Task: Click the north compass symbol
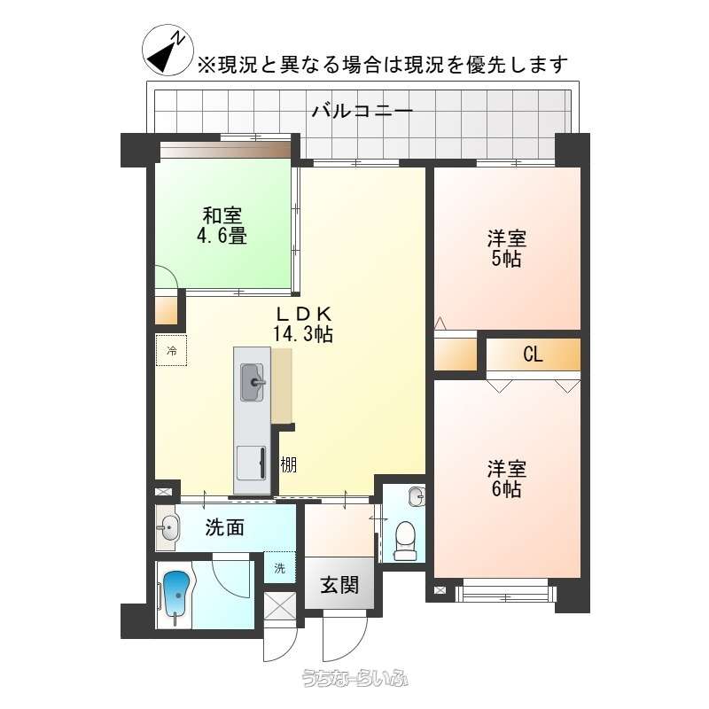point(168,50)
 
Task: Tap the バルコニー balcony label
point(362,111)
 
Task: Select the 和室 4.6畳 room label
point(222,225)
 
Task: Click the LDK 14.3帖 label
point(303,323)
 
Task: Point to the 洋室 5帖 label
point(506,248)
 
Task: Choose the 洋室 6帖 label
point(506,479)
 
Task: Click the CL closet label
point(533,354)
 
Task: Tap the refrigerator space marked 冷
point(171,350)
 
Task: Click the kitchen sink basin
point(252,382)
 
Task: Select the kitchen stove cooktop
point(252,463)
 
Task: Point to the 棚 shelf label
point(289,464)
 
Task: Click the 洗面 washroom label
point(225,527)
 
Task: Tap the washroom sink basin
point(168,527)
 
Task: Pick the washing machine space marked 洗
point(279,567)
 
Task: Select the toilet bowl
point(405,541)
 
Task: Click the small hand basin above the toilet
point(417,497)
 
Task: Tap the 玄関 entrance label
point(339,585)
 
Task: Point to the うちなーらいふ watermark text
point(355,678)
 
